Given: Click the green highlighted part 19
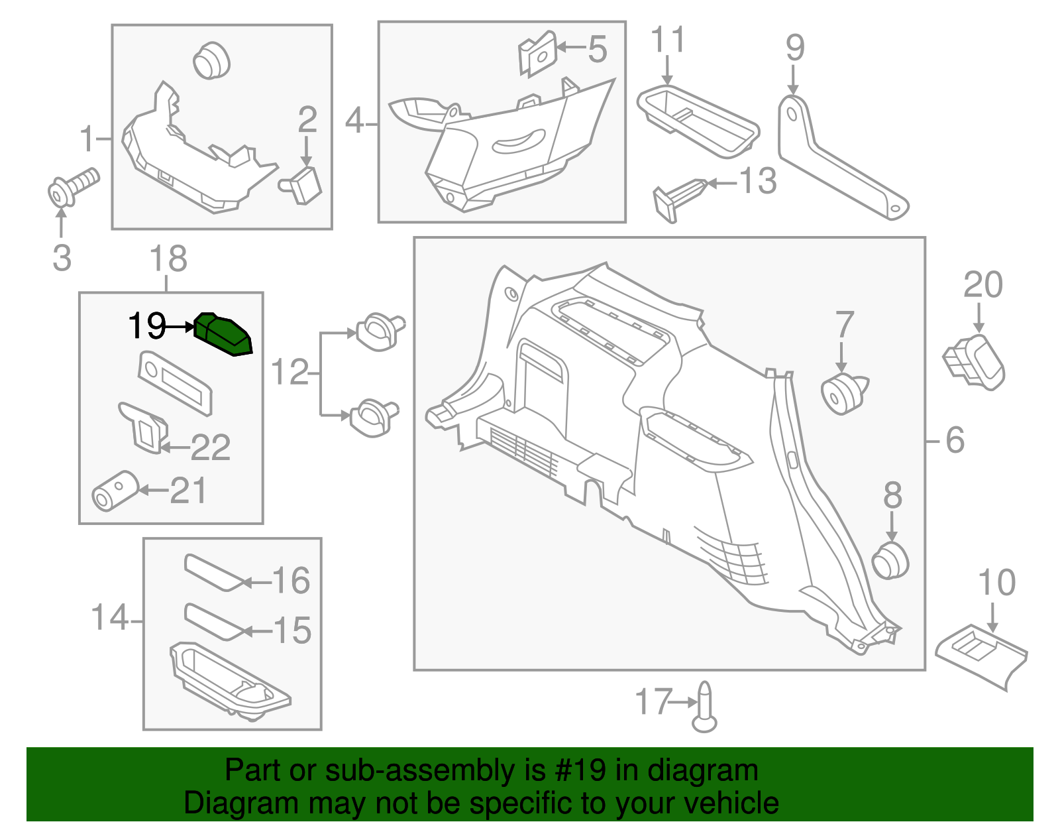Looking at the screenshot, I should pyautogui.click(x=223, y=335).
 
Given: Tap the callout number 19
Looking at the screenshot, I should pyautogui.click(x=146, y=326).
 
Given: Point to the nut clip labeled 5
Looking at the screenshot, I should pyautogui.click(x=538, y=53).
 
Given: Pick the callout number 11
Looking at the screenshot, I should pyautogui.click(x=667, y=40).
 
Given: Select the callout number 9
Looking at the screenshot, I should pyautogui.click(x=794, y=48).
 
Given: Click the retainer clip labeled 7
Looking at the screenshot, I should pyautogui.click(x=843, y=393).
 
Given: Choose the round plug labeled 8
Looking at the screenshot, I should pyautogui.click(x=890, y=560).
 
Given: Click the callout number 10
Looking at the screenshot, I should pyautogui.click(x=996, y=583).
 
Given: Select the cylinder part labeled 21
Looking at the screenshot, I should pyautogui.click(x=114, y=491).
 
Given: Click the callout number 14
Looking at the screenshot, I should pyautogui.click(x=109, y=617).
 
